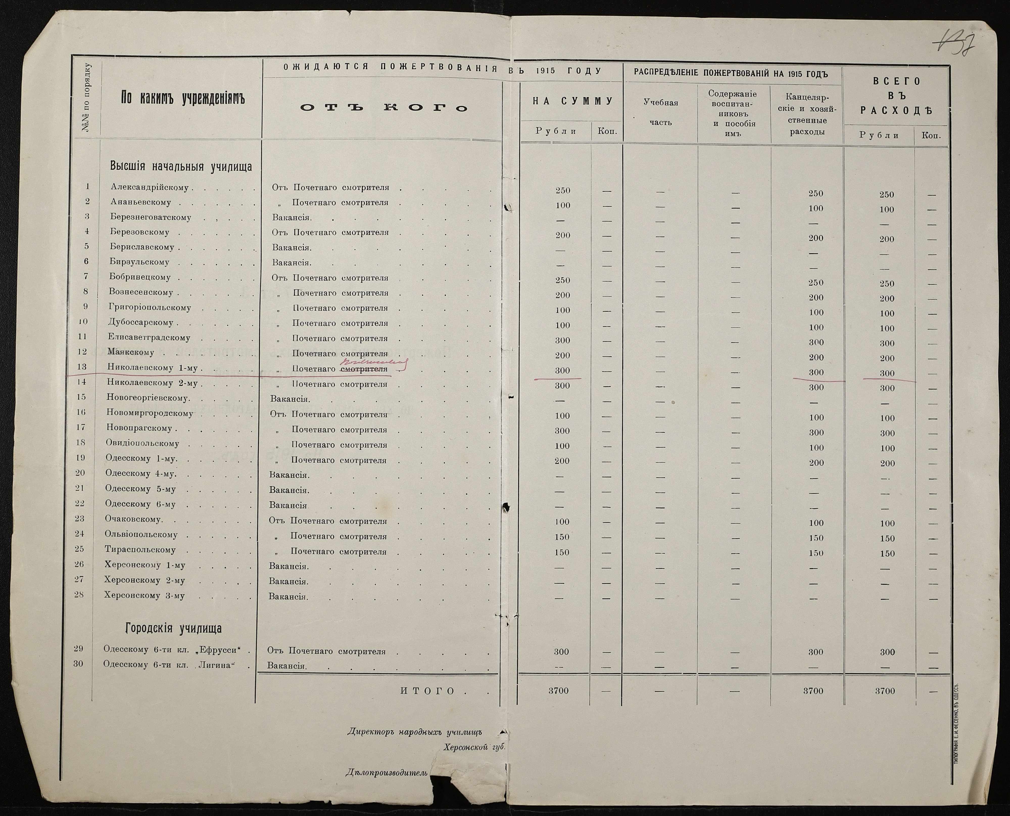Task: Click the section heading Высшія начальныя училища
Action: (181, 166)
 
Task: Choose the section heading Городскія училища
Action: (173, 628)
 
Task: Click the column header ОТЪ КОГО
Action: (384, 108)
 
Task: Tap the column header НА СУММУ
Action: (573, 101)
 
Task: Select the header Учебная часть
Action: (661, 112)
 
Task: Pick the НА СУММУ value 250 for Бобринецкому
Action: (562, 280)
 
